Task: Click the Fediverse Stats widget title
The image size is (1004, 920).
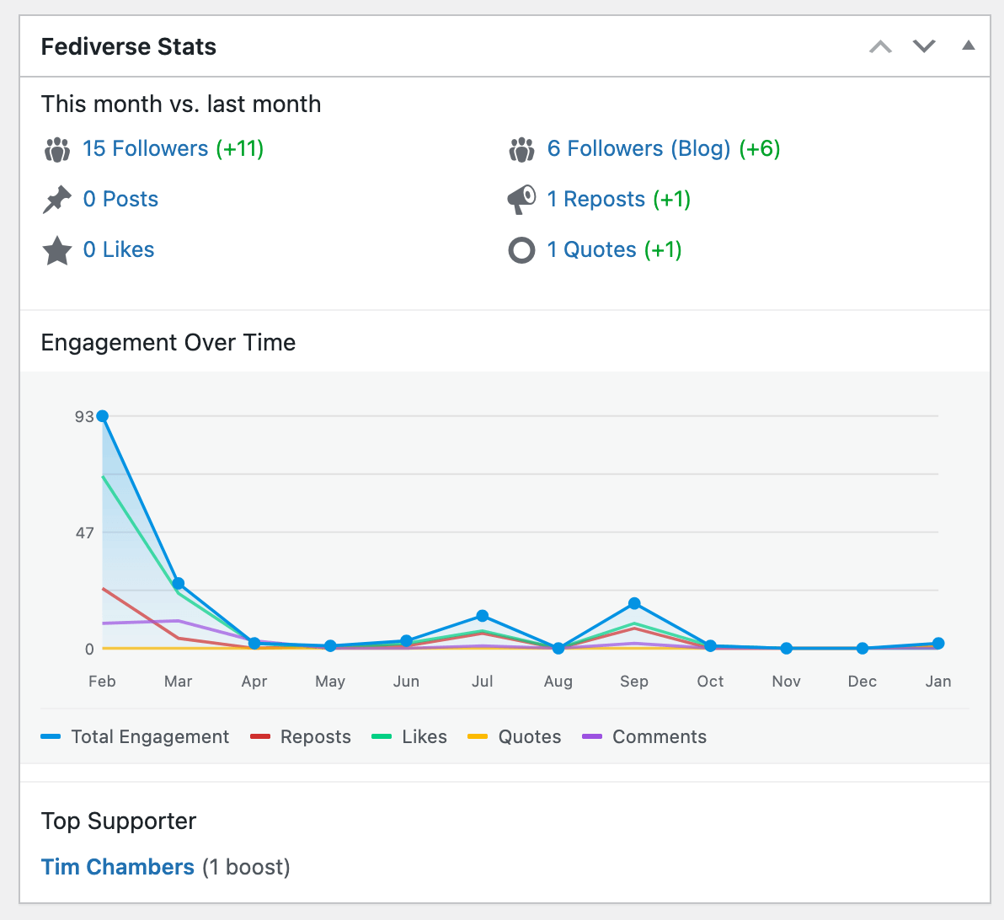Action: click(129, 46)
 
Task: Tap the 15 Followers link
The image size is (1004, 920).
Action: click(145, 149)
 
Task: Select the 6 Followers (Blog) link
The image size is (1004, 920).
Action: click(638, 149)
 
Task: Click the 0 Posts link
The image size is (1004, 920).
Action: click(120, 200)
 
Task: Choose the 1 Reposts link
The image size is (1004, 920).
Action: click(595, 200)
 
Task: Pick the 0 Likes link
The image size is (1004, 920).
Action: click(119, 250)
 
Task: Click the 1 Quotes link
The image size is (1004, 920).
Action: click(591, 250)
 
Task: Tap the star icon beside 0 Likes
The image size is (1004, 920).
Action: click(57, 250)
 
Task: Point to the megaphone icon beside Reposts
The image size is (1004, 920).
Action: click(521, 200)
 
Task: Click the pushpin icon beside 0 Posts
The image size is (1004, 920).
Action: click(57, 200)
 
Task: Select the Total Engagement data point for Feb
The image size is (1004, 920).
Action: click(103, 416)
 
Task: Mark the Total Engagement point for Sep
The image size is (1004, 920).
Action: click(634, 603)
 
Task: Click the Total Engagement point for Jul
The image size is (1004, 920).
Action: click(483, 616)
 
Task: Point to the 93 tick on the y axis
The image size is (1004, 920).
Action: click(84, 416)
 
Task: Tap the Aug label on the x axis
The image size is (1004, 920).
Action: click(558, 682)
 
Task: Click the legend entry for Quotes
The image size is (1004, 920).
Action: click(515, 737)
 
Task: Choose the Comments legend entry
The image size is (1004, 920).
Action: click(644, 737)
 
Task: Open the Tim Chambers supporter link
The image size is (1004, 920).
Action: click(118, 867)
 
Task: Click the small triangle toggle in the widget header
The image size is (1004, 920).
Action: click(969, 45)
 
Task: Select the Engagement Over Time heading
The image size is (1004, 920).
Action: click(168, 343)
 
